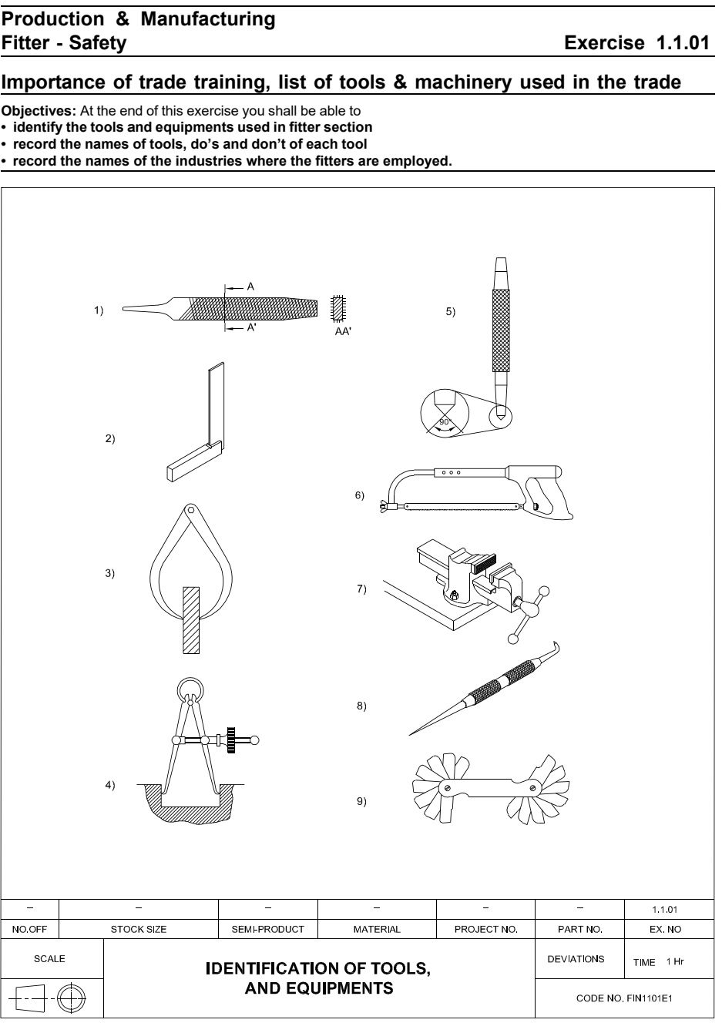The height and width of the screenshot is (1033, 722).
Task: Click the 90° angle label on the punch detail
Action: (x=445, y=421)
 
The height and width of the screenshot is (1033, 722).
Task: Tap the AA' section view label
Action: (x=343, y=331)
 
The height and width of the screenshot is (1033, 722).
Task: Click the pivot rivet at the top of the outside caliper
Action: (x=190, y=510)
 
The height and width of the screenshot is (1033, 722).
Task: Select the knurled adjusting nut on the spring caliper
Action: (x=231, y=740)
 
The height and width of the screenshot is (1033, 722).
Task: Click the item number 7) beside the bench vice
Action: (x=361, y=589)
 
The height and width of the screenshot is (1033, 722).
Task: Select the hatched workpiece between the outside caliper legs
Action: (x=191, y=620)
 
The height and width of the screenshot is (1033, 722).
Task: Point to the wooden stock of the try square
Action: (x=193, y=461)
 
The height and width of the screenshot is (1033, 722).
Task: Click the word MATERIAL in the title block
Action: (x=377, y=929)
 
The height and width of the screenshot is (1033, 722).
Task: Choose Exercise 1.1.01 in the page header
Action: (x=636, y=42)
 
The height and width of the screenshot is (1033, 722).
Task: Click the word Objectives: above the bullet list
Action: (x=39, y=111)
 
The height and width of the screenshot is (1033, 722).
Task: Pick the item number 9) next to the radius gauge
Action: (x=361, y=801)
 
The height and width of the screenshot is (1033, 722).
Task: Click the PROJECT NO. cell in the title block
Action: (x=485, y=929)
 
